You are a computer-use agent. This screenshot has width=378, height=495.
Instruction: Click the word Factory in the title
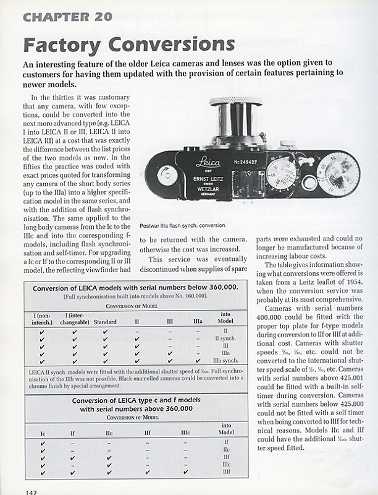61,45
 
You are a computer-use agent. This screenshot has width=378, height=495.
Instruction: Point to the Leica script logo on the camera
208,163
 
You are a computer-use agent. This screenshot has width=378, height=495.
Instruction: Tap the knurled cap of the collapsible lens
235,101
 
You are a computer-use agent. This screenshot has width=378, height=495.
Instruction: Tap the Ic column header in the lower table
42,433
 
